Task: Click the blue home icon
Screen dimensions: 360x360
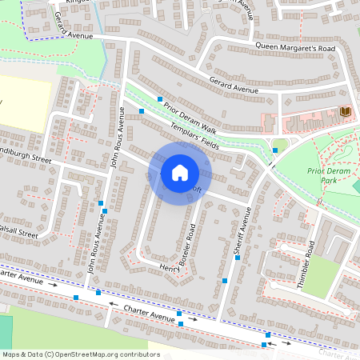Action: click(179, 172)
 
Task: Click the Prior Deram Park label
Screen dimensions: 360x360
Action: click(328, 176)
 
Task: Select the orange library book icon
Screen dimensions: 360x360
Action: click(346, 110)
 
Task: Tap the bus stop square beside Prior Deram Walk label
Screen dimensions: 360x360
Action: click(159, 98)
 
